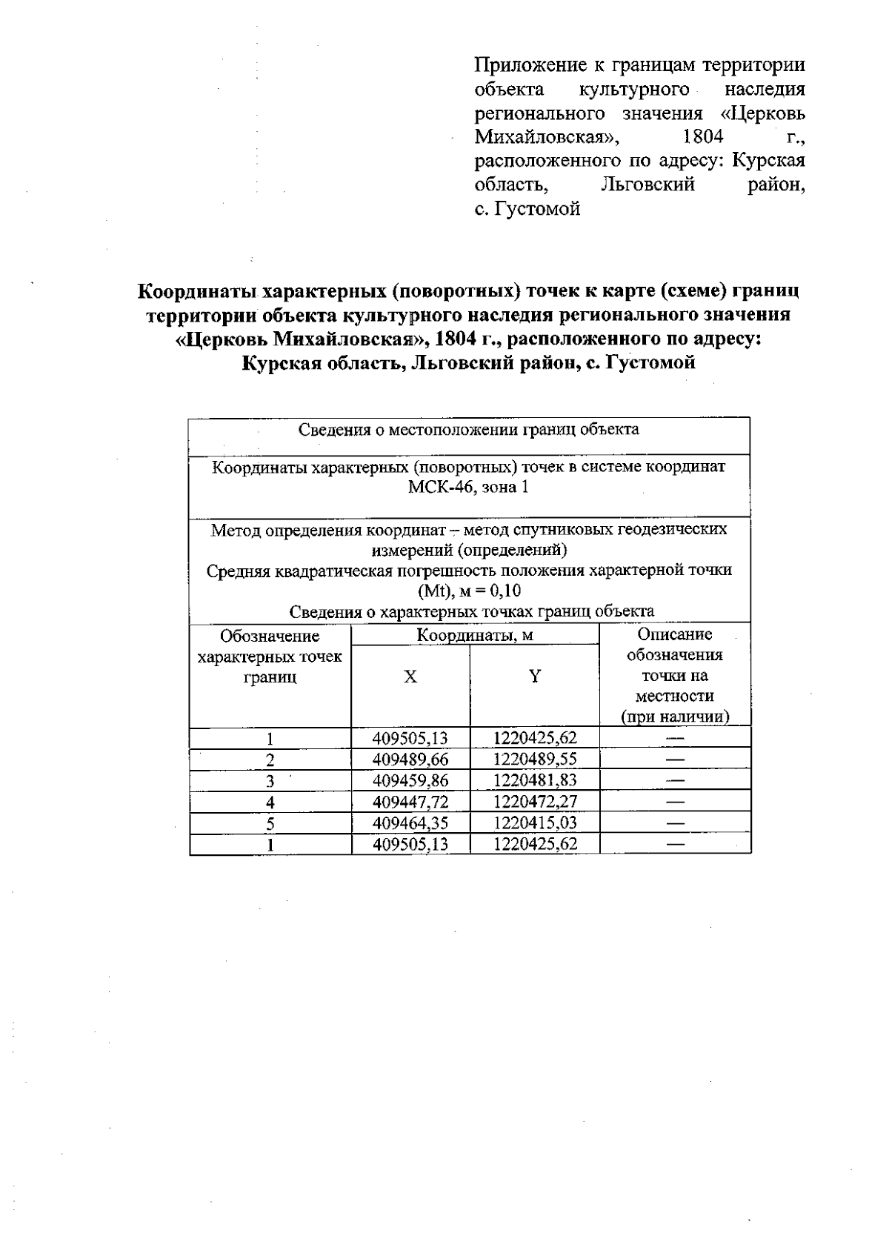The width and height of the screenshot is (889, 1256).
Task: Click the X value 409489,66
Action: point(410,759)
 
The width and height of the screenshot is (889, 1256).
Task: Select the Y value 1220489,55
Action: point(535,759)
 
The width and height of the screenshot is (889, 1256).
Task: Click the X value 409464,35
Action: point(410,823)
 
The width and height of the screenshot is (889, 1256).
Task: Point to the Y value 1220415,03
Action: point(535,823)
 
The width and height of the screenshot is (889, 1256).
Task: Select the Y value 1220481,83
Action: point(535,780)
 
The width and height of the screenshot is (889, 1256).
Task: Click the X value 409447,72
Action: point(410,802)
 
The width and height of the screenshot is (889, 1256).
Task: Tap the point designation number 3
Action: point(270,781)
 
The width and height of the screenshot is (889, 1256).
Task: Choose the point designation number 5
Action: point(270,823)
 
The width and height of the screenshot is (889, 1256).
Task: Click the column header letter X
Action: point(410,677)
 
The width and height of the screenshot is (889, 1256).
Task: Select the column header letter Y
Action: point(535,676)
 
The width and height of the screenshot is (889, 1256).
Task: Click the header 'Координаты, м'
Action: point(475,635)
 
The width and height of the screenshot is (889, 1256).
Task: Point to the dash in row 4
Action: point(675,802)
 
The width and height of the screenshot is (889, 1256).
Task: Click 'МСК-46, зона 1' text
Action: point(468,488)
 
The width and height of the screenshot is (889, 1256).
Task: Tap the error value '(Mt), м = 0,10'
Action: point(469,591)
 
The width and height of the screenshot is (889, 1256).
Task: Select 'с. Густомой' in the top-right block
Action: point(527,209)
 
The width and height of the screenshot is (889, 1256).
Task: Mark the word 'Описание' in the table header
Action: point(674,634)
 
